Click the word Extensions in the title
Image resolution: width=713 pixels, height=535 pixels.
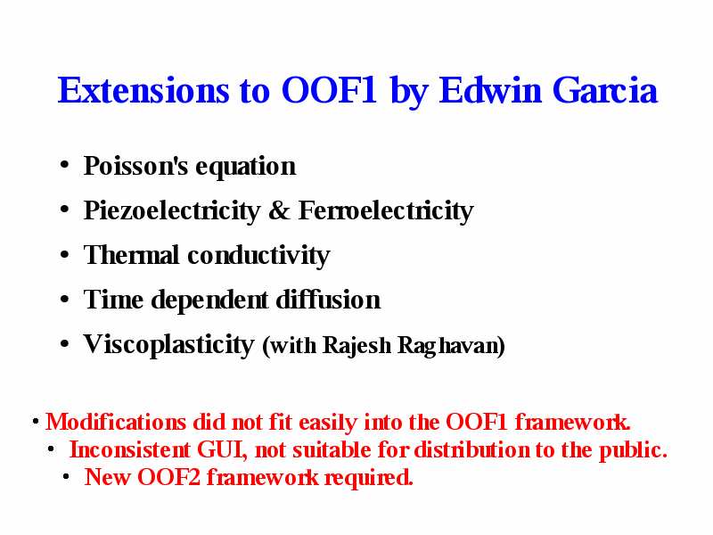(x=143, y=91)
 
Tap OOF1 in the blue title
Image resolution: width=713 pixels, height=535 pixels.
(x=329, y=91)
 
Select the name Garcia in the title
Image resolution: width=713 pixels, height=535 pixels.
(x=605, y=91)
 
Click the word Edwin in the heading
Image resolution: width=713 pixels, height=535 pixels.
(x=489, y=91)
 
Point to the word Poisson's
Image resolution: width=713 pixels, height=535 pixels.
(x=135, y=166)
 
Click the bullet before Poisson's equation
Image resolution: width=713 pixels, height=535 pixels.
(x=64, y=165)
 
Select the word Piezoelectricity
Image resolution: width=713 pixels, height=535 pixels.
(x=172, y=211)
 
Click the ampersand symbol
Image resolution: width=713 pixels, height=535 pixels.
(x=279, y=210)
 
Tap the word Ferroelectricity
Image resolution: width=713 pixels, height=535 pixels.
(x=386, y=211)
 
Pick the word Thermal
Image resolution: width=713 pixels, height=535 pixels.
(x=131, y=255)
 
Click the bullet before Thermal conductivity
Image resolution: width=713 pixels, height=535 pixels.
(x=64, y=254)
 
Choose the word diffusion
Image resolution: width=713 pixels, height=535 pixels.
(x=328, y=300)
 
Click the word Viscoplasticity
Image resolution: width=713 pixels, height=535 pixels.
(x=168, y=345)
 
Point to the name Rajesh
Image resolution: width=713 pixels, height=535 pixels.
(x=356, y=345)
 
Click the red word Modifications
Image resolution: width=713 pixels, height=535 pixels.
(x=116, y=422)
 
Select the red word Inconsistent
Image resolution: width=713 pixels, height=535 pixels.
(x=129, y=450)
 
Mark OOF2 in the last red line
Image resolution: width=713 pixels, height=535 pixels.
(x=168, y=477)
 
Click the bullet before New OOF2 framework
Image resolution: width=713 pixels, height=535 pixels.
(x=66, y=477)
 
